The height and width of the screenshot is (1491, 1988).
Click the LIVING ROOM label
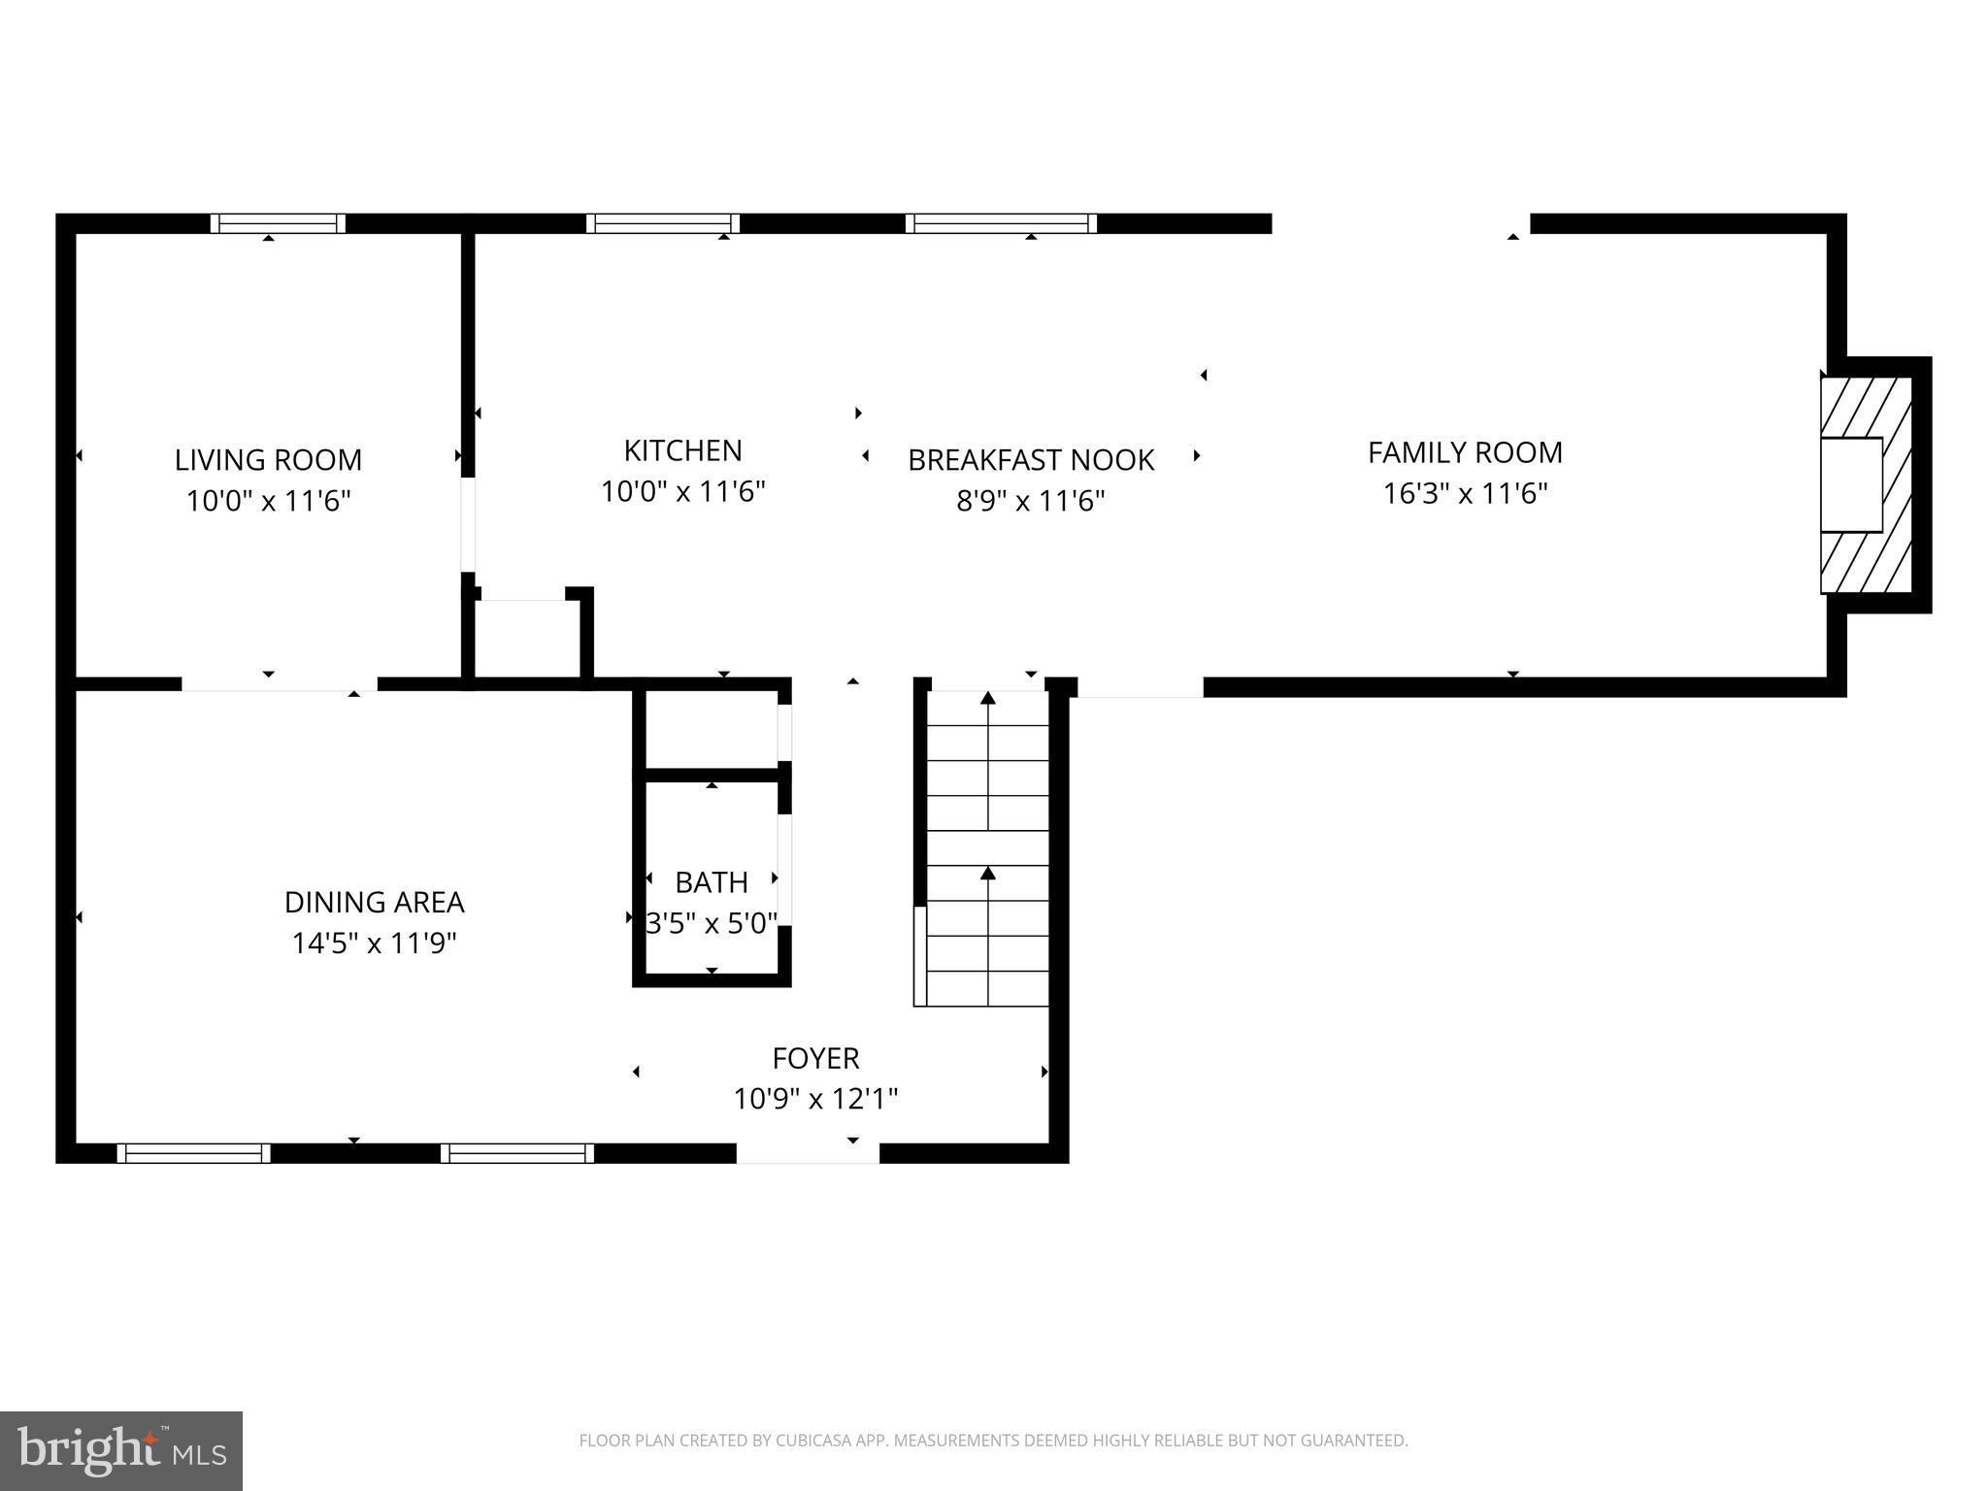coord(268,460)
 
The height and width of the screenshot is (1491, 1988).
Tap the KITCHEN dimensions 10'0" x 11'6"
coord(683,492)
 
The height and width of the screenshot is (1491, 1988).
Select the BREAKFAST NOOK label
coord(1031,460)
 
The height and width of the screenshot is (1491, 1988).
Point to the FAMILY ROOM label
coord(1465,452)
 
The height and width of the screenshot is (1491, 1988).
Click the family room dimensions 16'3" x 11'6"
coord(1465,494)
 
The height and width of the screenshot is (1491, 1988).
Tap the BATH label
coord(712,882)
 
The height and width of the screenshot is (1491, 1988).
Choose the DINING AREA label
coord(374,903)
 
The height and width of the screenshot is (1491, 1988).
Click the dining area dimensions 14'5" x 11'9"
coord(374,944)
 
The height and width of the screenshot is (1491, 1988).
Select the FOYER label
coord(815,1058)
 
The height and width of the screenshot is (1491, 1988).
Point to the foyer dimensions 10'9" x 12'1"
coord(815,1099)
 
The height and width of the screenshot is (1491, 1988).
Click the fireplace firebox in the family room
coord(1851,484)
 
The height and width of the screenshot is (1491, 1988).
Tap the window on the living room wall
coord(278,223)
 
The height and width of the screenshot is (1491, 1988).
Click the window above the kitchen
coord(663,223)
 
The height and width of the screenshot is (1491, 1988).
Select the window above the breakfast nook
coord(1001,223)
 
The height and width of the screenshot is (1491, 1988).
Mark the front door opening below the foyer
coord(808,1153)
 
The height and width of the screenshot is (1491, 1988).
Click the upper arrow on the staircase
coord(988,698)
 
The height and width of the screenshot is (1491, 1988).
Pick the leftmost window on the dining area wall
coord(193,1153)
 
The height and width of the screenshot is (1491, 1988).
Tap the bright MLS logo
coord(120,1451)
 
